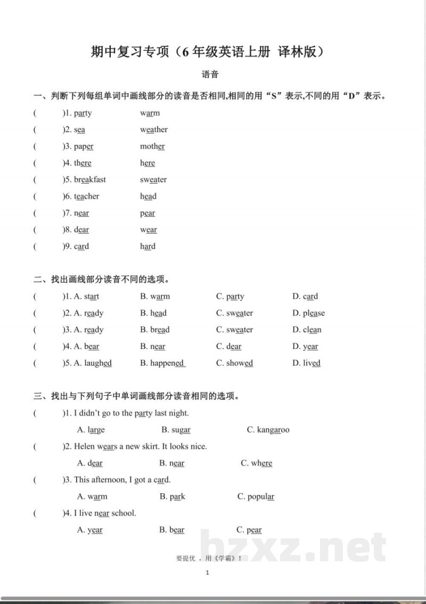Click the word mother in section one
(x=152, y=146)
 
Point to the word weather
(x=154, y=129)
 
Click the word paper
(x=84, y=146)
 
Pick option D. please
(x=308, y=313)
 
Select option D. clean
(x=307, y=330)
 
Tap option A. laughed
(x=93, y=363)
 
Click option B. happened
(x=162, y=363)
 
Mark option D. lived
(x=306, y=363)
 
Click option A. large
(x=91, y=430)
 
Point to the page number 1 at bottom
(x=207, y=573)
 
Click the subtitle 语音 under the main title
(x=210, y=75)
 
